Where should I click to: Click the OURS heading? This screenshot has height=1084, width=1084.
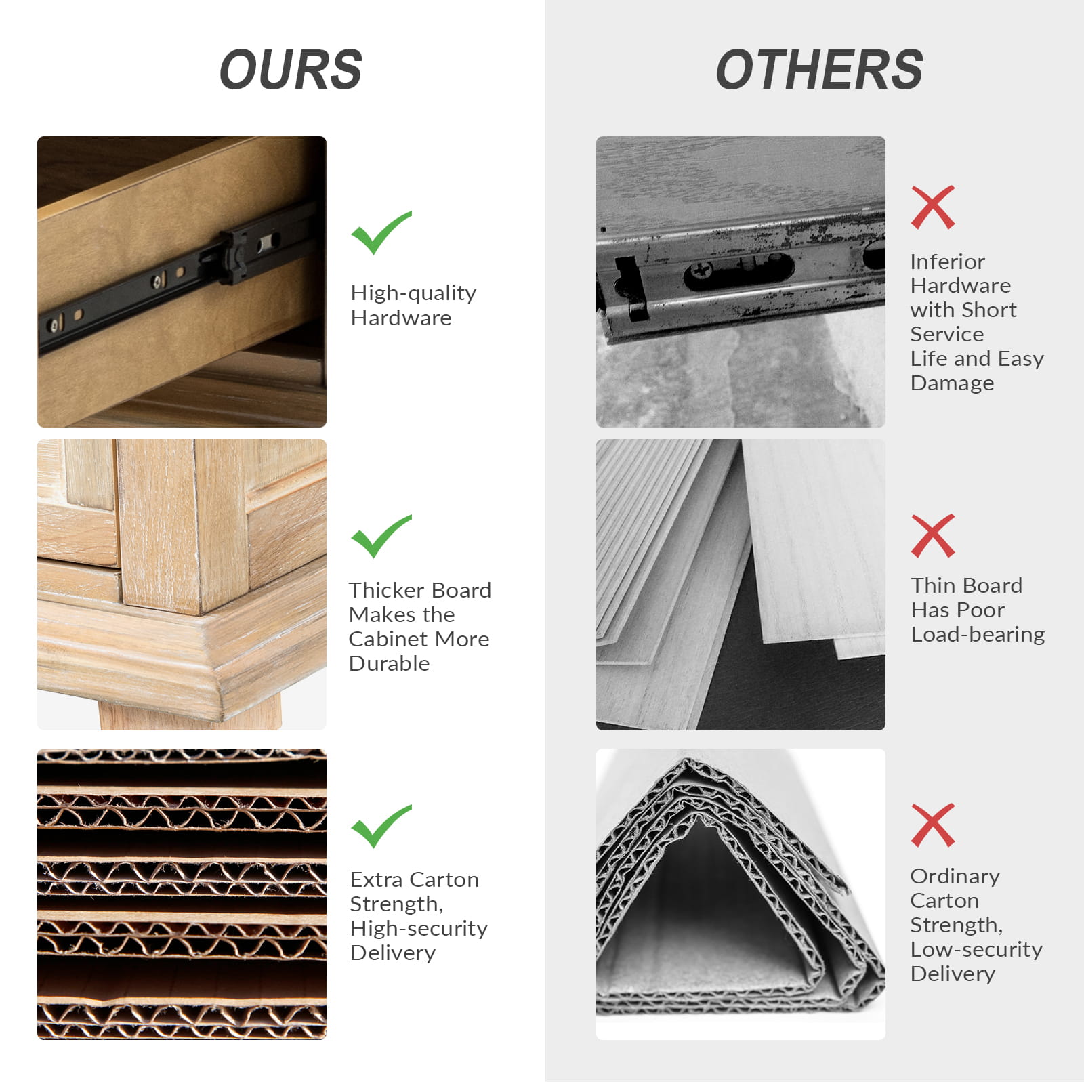pos(291,70)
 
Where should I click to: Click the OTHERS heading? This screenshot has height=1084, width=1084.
pos(819,70)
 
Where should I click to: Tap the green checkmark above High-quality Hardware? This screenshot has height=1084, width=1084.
pos(381,232)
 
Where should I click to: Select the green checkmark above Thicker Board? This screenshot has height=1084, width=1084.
pos(381,536)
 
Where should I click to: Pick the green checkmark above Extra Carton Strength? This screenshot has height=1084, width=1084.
pos(381,826)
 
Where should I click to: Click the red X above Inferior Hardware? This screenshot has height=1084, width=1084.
pos(933,207)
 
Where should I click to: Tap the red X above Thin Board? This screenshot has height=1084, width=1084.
pos(933,536)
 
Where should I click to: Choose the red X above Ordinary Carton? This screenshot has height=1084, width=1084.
pos(933,825)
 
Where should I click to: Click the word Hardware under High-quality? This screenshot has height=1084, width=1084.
pos(401,318)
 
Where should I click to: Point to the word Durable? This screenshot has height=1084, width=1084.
pos(390,663)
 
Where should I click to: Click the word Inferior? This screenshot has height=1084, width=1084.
pos(947,262)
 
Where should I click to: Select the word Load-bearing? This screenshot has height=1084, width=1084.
pos(978,635)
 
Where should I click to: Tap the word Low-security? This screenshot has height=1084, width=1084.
pos(976,950)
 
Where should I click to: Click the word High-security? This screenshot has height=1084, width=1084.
pos(419,929)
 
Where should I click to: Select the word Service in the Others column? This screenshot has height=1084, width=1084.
pos(946,334)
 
